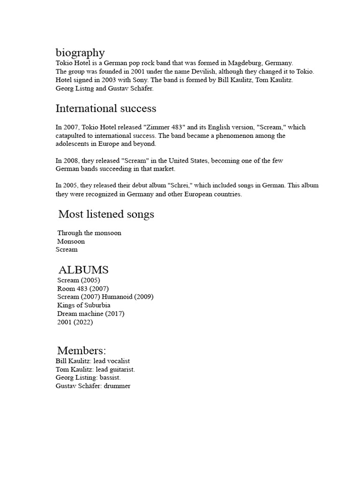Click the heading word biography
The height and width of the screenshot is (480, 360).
80,52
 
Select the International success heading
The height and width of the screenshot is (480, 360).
106,109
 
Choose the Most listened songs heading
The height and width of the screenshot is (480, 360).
106,214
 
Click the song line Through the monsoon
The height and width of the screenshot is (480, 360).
89,233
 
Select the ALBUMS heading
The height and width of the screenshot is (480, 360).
83,270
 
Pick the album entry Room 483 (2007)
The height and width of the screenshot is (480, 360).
83,288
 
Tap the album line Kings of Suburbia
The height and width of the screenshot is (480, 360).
84,305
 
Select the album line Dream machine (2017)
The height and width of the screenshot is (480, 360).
91,314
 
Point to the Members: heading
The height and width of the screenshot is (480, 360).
82,350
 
